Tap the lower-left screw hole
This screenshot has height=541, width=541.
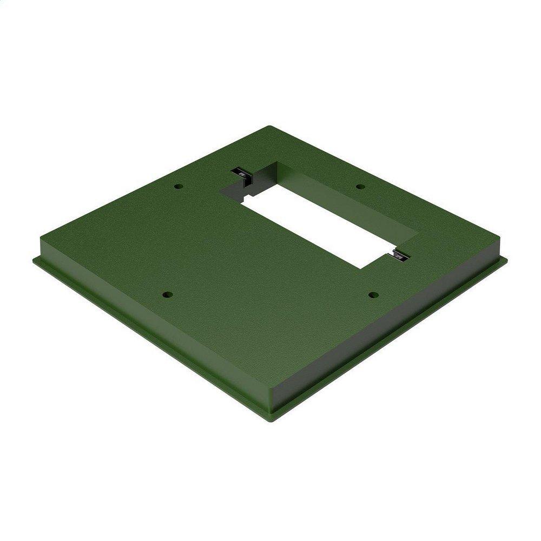pos(167,295)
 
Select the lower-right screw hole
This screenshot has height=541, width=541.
pos(373,294)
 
